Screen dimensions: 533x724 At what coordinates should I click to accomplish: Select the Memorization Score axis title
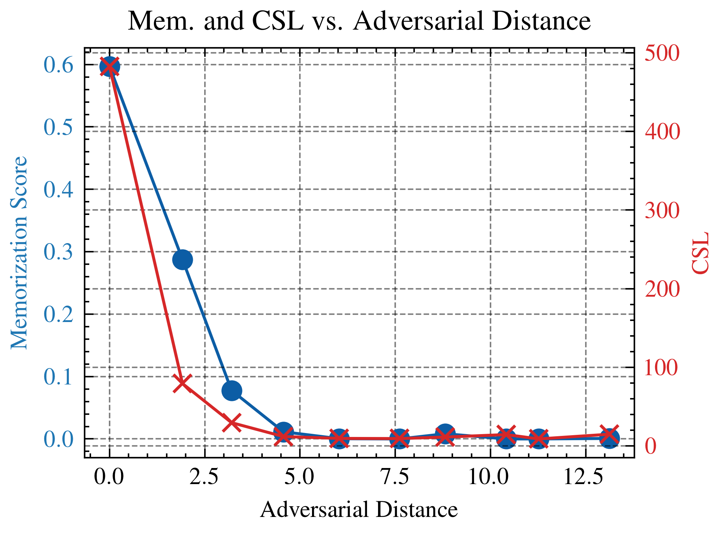19,253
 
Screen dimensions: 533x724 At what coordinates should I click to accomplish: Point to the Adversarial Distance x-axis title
359,509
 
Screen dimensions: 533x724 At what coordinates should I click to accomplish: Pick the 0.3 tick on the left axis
59,252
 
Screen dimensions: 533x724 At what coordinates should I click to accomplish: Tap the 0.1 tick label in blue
59,377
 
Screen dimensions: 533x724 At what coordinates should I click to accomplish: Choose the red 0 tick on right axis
651,446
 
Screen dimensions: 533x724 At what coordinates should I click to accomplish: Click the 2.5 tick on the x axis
204,477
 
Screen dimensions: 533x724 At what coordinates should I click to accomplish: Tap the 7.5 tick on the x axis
395,477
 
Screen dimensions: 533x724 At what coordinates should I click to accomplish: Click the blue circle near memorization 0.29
182,260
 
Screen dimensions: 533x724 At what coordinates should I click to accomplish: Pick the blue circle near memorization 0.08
232,391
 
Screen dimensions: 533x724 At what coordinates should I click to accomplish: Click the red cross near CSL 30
232,423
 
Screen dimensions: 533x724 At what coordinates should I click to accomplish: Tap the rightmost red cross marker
609,435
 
